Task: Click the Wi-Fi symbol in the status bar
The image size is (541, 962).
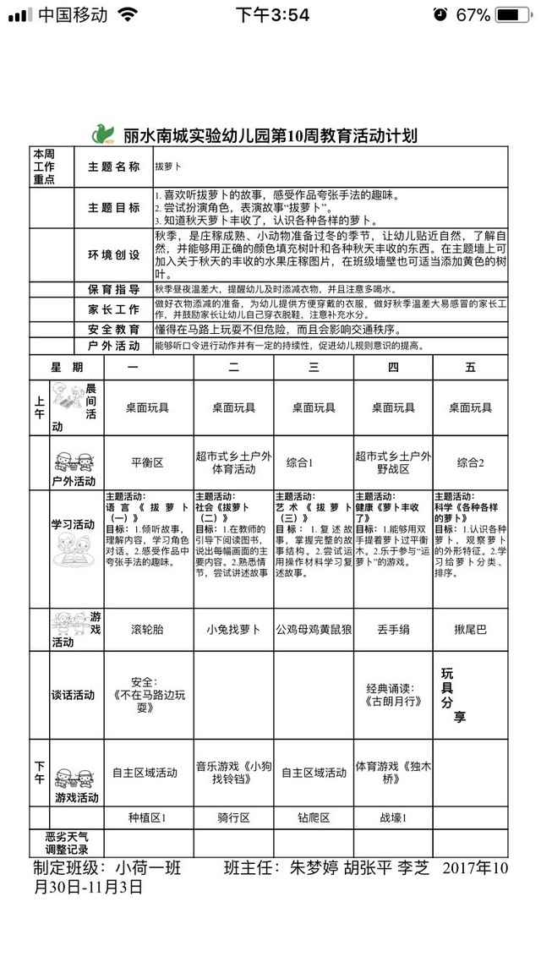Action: click(128, 14)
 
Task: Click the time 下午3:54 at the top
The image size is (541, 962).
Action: click(272, 14)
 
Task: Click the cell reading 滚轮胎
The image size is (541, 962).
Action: click(147, 629)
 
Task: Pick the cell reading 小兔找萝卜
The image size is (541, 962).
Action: click(233, 629)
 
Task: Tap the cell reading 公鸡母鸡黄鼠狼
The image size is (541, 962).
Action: click(314, 629)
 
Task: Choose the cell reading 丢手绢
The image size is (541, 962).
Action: click(393, 629)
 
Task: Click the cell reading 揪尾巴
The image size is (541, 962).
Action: click(470, 629)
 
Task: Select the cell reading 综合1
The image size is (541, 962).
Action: click(300, 462)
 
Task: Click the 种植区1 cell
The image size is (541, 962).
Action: click(147, 817)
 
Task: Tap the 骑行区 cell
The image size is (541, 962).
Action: click(233, 817)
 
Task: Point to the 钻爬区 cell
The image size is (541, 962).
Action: click(314, 817)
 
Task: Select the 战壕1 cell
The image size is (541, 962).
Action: click(393, 817)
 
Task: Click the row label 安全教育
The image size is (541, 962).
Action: click(114, 328)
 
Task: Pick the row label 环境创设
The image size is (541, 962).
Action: click(114, 254)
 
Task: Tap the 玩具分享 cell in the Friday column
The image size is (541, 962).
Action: click(454, 695)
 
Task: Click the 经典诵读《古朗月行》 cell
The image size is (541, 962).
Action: click(393, 694)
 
